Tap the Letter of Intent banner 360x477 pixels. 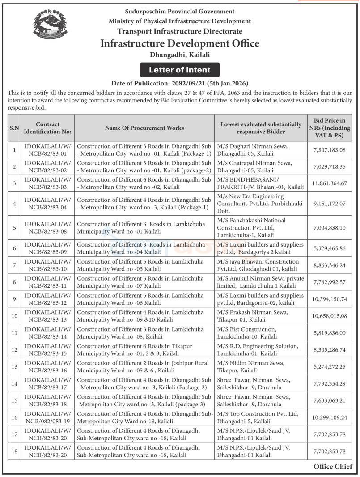pos(179,70)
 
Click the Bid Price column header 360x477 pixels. pos(330,128)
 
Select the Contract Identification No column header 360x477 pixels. pos(47,128)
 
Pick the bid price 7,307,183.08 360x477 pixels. pos(330,150)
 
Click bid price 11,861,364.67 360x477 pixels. pos(330,183)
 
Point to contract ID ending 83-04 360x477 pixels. pos(47,204)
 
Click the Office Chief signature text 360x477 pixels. pos(333,467)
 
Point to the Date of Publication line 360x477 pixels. pos(179,83)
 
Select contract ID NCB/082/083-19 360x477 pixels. pos(47,417)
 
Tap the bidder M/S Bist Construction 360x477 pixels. pos(247,332)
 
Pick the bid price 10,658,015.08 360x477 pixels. pos(330,316)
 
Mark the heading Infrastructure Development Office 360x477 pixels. pos(179,43)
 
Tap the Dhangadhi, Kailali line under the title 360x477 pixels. pos(179,55)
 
